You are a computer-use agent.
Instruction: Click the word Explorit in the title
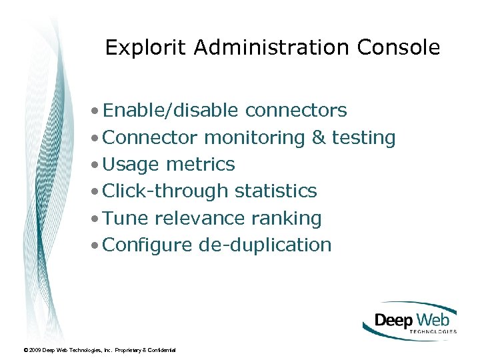[x=138, y=48]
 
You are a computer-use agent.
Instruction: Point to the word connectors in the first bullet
[x=296, y=111]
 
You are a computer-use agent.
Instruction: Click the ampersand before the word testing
[x=319, y=138]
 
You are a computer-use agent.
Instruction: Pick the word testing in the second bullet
[x=364, y=138]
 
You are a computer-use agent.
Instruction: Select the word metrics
[x=201, y=165]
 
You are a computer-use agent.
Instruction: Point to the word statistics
[x=276, y=191]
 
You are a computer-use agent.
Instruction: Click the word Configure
[x=148, y=245]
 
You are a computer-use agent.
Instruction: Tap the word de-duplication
[x=265, y=245]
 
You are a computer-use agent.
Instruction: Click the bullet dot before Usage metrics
[x=97, y=165]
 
